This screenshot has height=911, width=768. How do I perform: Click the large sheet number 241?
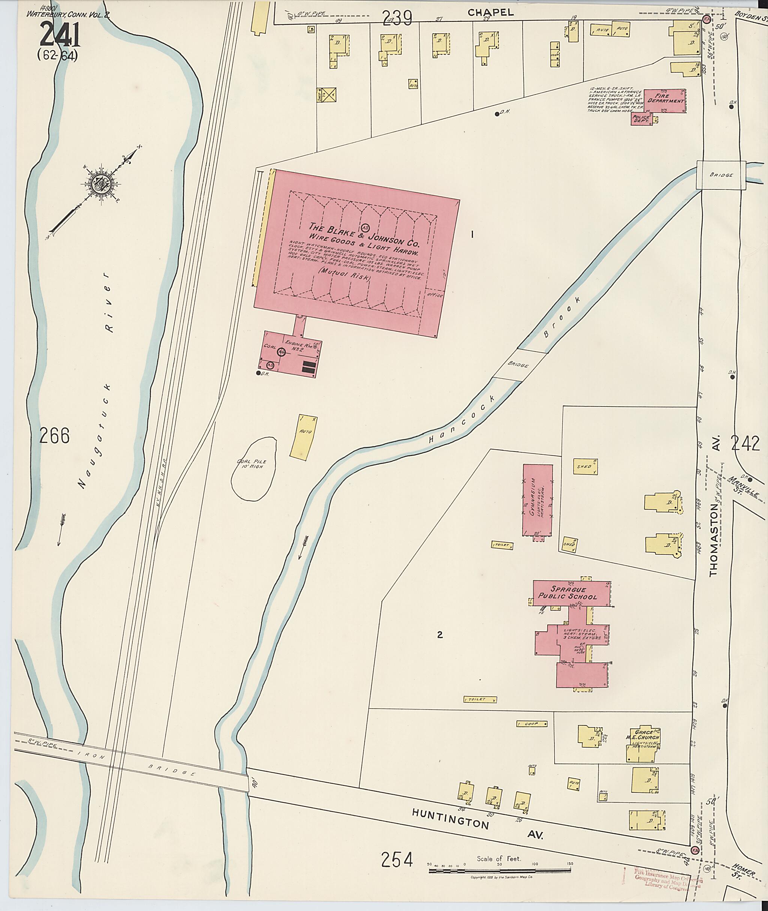tap(60, 35)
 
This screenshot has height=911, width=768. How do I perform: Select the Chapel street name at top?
tap(490, 13)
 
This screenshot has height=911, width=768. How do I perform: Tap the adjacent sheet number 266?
tap(54, 435)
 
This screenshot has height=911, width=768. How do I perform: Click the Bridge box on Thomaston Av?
tap(720, 175)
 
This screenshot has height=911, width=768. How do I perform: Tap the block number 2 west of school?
tap(440, 635)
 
